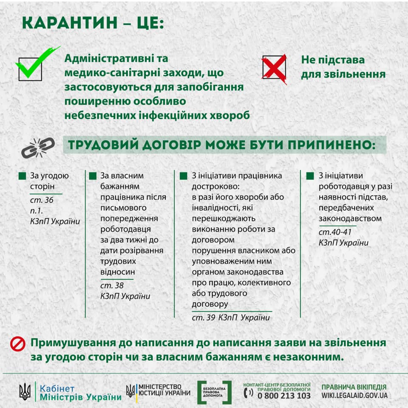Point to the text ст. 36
[x=42, y=200]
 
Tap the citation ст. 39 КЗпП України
[x=231, y=318]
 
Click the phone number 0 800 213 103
[x=284, y=396]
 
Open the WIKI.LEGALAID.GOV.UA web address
[x=354, y=396]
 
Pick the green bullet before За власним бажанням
[x=92, y=176]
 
